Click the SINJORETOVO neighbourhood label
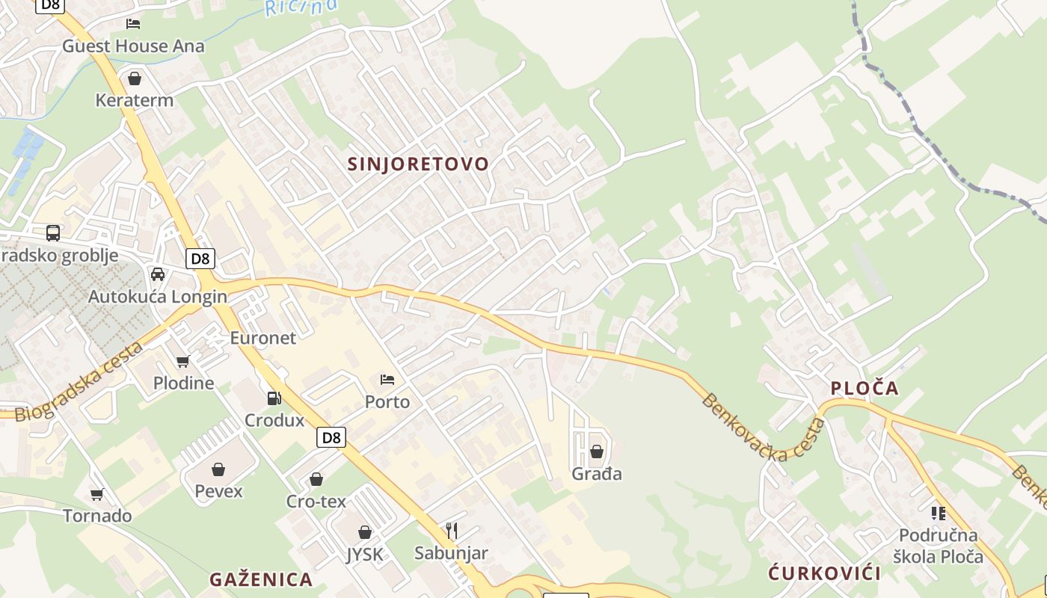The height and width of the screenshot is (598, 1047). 418,164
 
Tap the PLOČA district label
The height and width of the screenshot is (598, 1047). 865,388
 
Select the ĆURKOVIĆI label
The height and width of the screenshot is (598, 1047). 824,573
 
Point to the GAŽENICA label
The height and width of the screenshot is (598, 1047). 261,579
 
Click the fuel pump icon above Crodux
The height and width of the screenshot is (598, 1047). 274,398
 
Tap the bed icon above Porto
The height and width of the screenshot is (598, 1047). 387,380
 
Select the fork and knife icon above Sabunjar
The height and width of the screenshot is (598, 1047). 452,531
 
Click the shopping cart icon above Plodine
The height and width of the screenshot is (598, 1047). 183,362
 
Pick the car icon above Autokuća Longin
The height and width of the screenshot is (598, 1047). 158,274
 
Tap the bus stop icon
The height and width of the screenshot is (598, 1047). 53,232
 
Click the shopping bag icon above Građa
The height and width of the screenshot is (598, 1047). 597,451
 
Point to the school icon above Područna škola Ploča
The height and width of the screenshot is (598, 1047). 938,513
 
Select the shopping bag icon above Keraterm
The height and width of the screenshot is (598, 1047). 135,78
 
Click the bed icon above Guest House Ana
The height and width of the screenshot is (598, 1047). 133,24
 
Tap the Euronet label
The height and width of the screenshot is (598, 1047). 262,337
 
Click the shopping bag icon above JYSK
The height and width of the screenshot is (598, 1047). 365,532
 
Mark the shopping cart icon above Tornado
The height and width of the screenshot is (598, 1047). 97,494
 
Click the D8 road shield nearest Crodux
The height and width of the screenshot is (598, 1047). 331,437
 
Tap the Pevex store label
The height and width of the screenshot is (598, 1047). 218,490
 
